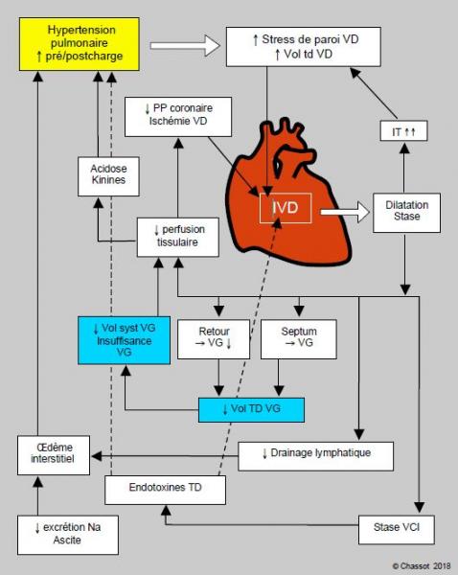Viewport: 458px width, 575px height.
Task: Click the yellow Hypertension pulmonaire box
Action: pyautogui.click(x=80, y=44)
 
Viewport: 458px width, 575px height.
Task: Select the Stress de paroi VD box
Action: pyautogui.click(x=303, y=47)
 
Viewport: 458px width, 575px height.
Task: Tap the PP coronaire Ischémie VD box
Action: pyautogui.click(x=178, y=117)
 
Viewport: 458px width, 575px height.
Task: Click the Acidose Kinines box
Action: pyautogui.click(x=108, y=176)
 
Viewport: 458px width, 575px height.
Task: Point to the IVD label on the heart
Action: pyautogui.click(x=286, y=208)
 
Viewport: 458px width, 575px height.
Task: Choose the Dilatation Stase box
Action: pyautogui.click(x=406, y=213)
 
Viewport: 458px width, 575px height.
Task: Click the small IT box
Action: pyautogui.click(x=403, y=131)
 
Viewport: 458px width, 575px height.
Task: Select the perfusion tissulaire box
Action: pyautogui.click(x=178, y=238)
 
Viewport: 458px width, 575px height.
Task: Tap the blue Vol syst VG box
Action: pyautogui.click(x=124, y=340)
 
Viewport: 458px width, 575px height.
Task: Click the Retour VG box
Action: pyautogui.click(x=214, y=339)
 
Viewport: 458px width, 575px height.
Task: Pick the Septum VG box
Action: pyautogui.click(x=299, y=339)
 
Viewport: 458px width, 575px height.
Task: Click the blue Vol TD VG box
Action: pyautogui.click(x=252, y=409)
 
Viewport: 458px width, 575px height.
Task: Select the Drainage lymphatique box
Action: pyautogui.click(x=316, y=456)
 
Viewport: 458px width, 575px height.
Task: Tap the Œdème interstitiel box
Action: pyautogui.click(x=54, y=455)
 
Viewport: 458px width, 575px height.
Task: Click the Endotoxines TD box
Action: pyautogui.click(x=166, y=490)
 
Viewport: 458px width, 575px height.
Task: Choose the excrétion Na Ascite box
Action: pyautogui.click(x=68, y=535)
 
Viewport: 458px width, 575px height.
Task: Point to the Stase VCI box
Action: pyautogui.click(x=397, y=530)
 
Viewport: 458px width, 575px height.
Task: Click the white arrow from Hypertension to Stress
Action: pyautogui.click(x=185, y=46)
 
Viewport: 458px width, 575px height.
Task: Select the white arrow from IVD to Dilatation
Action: pyautogui.click(x=345, y=212)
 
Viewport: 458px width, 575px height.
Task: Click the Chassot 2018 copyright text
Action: pyautogui.click(x=422, y=565)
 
